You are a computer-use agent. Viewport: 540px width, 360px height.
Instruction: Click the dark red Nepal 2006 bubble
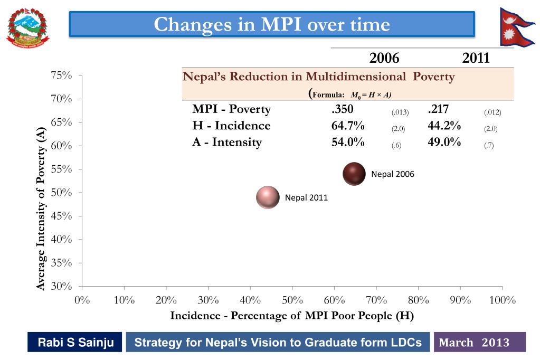pyautogui.click(x=354, y=174)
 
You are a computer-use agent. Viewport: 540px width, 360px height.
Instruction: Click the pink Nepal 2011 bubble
pyautogui.click(x=267, y=197)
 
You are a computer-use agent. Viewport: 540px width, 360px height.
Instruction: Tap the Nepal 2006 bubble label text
pyautogui.click(x=393, y=174)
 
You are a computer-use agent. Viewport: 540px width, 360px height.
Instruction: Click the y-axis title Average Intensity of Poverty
pyautogui.click(x=41, y=208)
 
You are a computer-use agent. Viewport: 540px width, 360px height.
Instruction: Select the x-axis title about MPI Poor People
pyautogui.click(x=292, y=316)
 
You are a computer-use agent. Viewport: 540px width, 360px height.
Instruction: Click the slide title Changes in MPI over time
pyautogui.click(x=272, y=24)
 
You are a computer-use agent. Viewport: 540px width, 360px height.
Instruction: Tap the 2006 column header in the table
pyautogui.click(x=384, y=58)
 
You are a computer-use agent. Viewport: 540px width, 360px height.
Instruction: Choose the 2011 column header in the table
pyautogui.click(x=476, y=58)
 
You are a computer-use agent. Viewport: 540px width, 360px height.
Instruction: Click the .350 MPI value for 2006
pyautogui.click(x=342, y=110)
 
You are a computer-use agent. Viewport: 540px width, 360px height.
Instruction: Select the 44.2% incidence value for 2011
pyautogui.click(x=444, y=126)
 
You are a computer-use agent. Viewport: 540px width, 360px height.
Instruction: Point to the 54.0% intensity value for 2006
pyautogui.click(x=348, y=142)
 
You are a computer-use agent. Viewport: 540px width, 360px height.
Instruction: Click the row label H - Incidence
pyautogui.click(x=231, y=126)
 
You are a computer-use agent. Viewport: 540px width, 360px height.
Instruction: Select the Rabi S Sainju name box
pyautogui.click(x=75, y=343)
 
